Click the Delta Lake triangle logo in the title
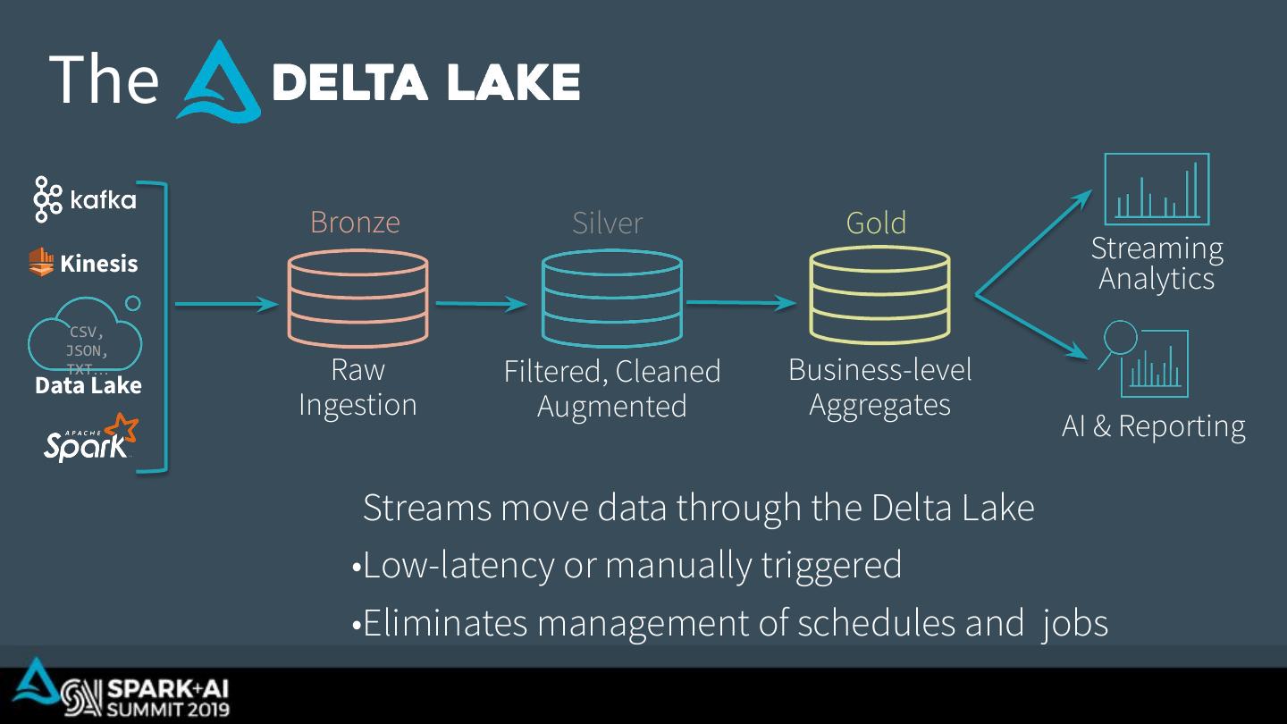(218, 82)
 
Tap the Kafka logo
(85, 198)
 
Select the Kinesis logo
(84, 263)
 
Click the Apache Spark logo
(90, 438)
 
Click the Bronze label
(355, 222)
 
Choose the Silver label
(607, 223)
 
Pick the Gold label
(876, 223)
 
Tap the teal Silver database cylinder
(612, 299)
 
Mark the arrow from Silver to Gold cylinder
(741, 303)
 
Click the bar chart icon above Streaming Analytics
(1157, 189)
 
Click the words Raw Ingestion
(357, 387)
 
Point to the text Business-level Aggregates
(879, 387)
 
